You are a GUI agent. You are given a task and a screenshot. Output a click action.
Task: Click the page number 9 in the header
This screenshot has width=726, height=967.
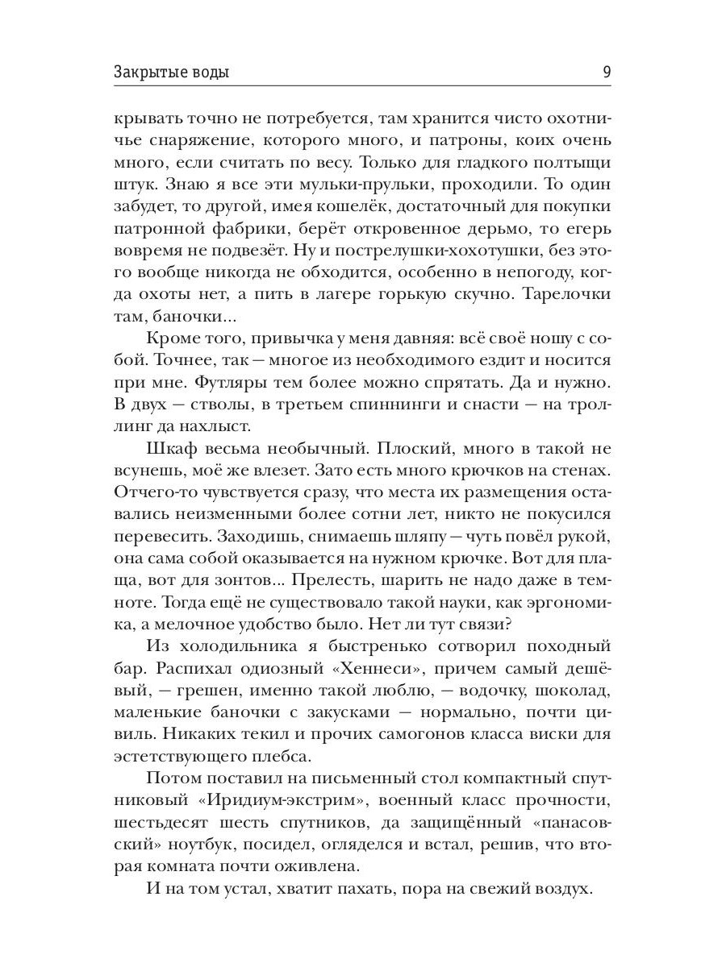pos(606,72)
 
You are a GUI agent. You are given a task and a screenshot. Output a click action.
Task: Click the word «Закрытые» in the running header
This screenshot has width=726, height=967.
pos(146,73)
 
